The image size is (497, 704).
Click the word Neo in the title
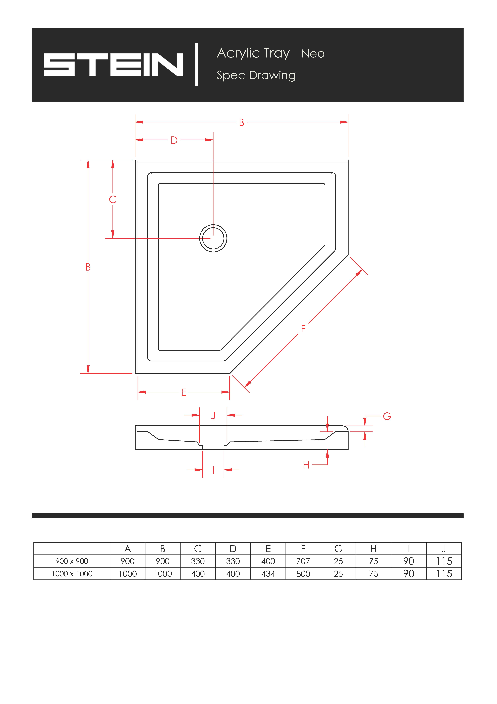tap(313, 54)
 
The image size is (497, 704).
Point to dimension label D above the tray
tap(174, 140)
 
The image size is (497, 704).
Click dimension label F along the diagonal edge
tap(303, 329)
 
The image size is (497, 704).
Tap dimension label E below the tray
tap(184, 392)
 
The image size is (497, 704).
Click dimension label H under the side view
tap(306, 465)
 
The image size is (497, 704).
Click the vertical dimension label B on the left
tap(88, 267)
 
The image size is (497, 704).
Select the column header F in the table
tap(303, 549)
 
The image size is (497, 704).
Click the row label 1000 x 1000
tap(72, 574)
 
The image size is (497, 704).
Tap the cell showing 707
tap(303, 561)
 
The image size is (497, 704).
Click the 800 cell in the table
tap(303, 574)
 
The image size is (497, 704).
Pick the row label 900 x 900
tap(72, 561)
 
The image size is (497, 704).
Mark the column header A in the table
tap(128, 549)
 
